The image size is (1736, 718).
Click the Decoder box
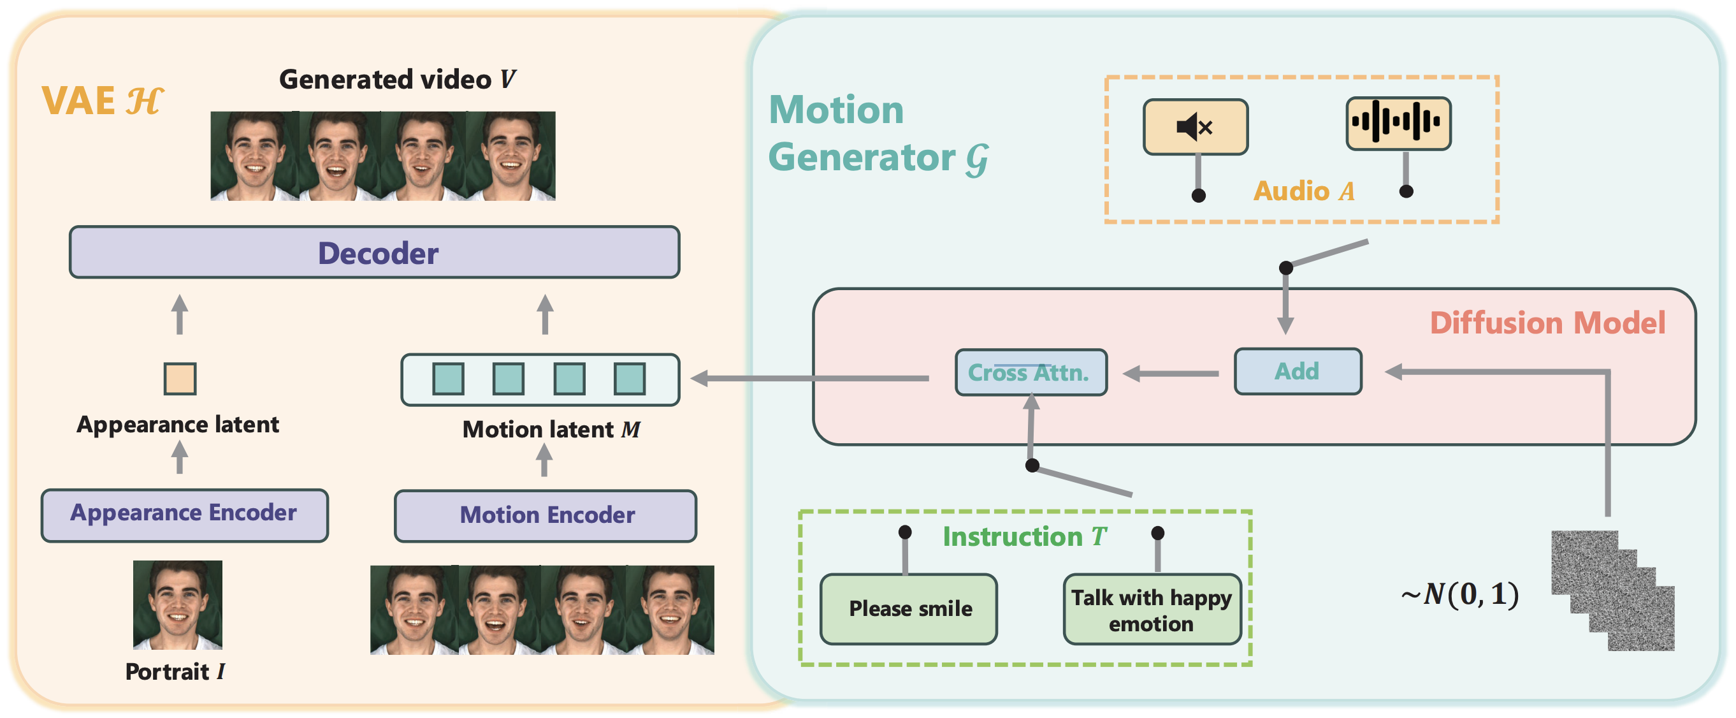(375, 253)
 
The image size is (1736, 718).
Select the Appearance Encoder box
(184, 515)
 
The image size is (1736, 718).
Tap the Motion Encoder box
(546, 516)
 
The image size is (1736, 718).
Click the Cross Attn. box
(1031, 372)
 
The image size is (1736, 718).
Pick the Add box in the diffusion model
(1298, 372)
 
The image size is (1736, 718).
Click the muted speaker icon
(1195, 127)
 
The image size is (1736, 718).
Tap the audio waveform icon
(1398, 122)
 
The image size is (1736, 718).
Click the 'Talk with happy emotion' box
(1152, 610)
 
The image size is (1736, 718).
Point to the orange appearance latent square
(180, 378)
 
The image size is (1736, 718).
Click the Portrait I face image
(177, 604)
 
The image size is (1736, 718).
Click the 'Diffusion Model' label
(1547, 323)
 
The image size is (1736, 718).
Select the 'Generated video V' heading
(397, 80)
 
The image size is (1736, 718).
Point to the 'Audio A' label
(1303, 191)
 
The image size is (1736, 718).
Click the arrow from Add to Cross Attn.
(1171, 373)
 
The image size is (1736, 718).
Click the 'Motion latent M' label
(551, 429)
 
